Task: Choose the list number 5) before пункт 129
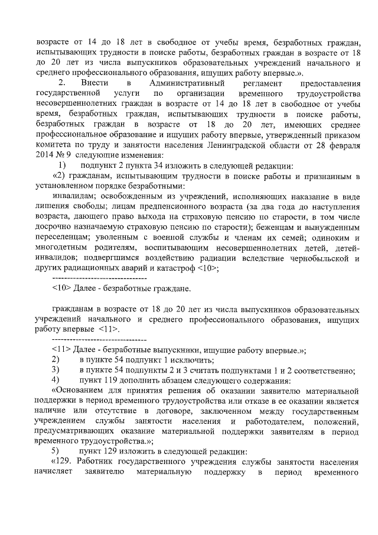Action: click(x=57, y=451)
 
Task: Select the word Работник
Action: click(x=99, y=462)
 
